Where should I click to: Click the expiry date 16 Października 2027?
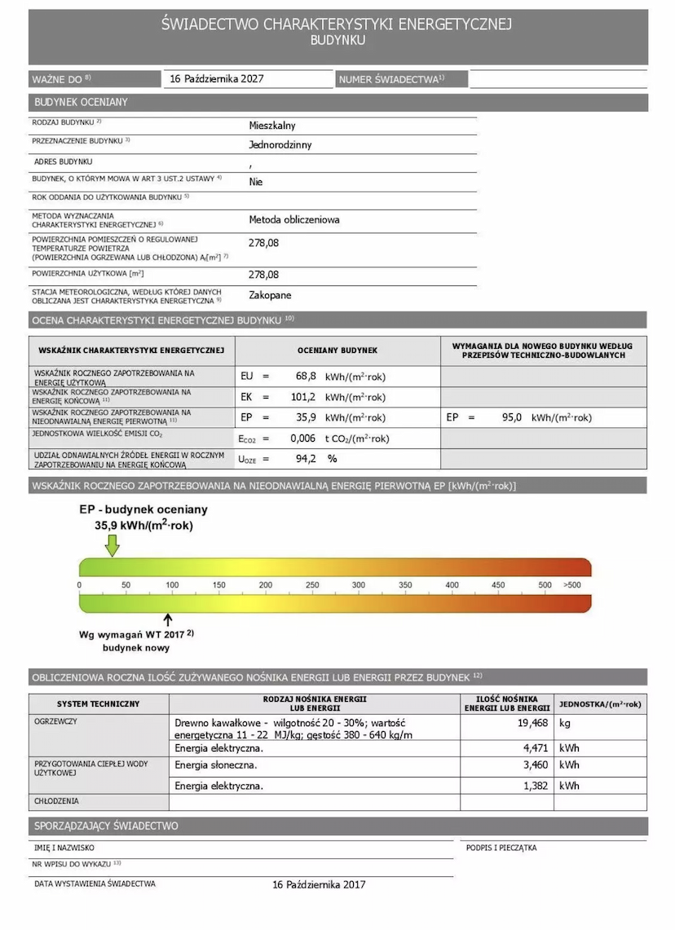(217, 79)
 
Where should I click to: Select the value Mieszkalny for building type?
(272, 126)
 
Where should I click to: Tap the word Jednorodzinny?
(280, 145)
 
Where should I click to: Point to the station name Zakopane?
(270, 295)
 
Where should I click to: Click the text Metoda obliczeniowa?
(294, 220)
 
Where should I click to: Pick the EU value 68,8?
(306, 377)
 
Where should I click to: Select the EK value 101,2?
(302, 397)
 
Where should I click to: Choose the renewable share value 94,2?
(306, 459)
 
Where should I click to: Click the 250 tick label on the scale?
(312, 585)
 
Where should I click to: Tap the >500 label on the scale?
(572, 585)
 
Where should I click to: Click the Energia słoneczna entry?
(215, 765)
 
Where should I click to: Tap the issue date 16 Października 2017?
(320, 884)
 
